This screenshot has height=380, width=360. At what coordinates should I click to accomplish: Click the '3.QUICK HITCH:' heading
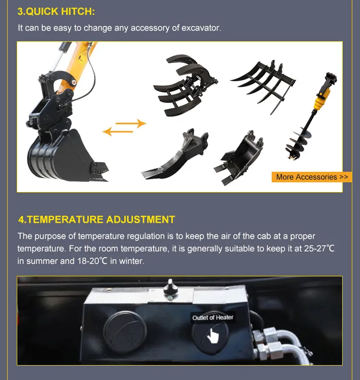click(x=56, y=12)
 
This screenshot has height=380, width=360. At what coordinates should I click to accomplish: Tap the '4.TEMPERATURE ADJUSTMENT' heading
click(x=96, y=220)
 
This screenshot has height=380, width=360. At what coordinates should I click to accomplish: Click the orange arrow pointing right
click(x=131, y=123)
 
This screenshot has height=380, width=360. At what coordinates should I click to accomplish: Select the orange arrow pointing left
click(x=118, y=131)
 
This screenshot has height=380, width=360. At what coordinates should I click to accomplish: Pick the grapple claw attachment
click(x=185, y=85)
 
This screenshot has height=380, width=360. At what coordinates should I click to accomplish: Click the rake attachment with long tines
click(x=263, y=85)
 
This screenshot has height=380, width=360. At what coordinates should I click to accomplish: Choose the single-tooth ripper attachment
click(x=175, y=155)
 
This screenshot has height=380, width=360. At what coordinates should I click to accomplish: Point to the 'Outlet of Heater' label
click(x=213, y=318)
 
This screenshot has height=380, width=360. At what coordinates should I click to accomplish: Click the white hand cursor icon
click(x=213, y=336)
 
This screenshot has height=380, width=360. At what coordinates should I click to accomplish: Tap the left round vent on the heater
click(x=125, y=332)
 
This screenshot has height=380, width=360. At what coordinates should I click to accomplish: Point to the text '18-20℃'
click(x=92, y=261)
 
